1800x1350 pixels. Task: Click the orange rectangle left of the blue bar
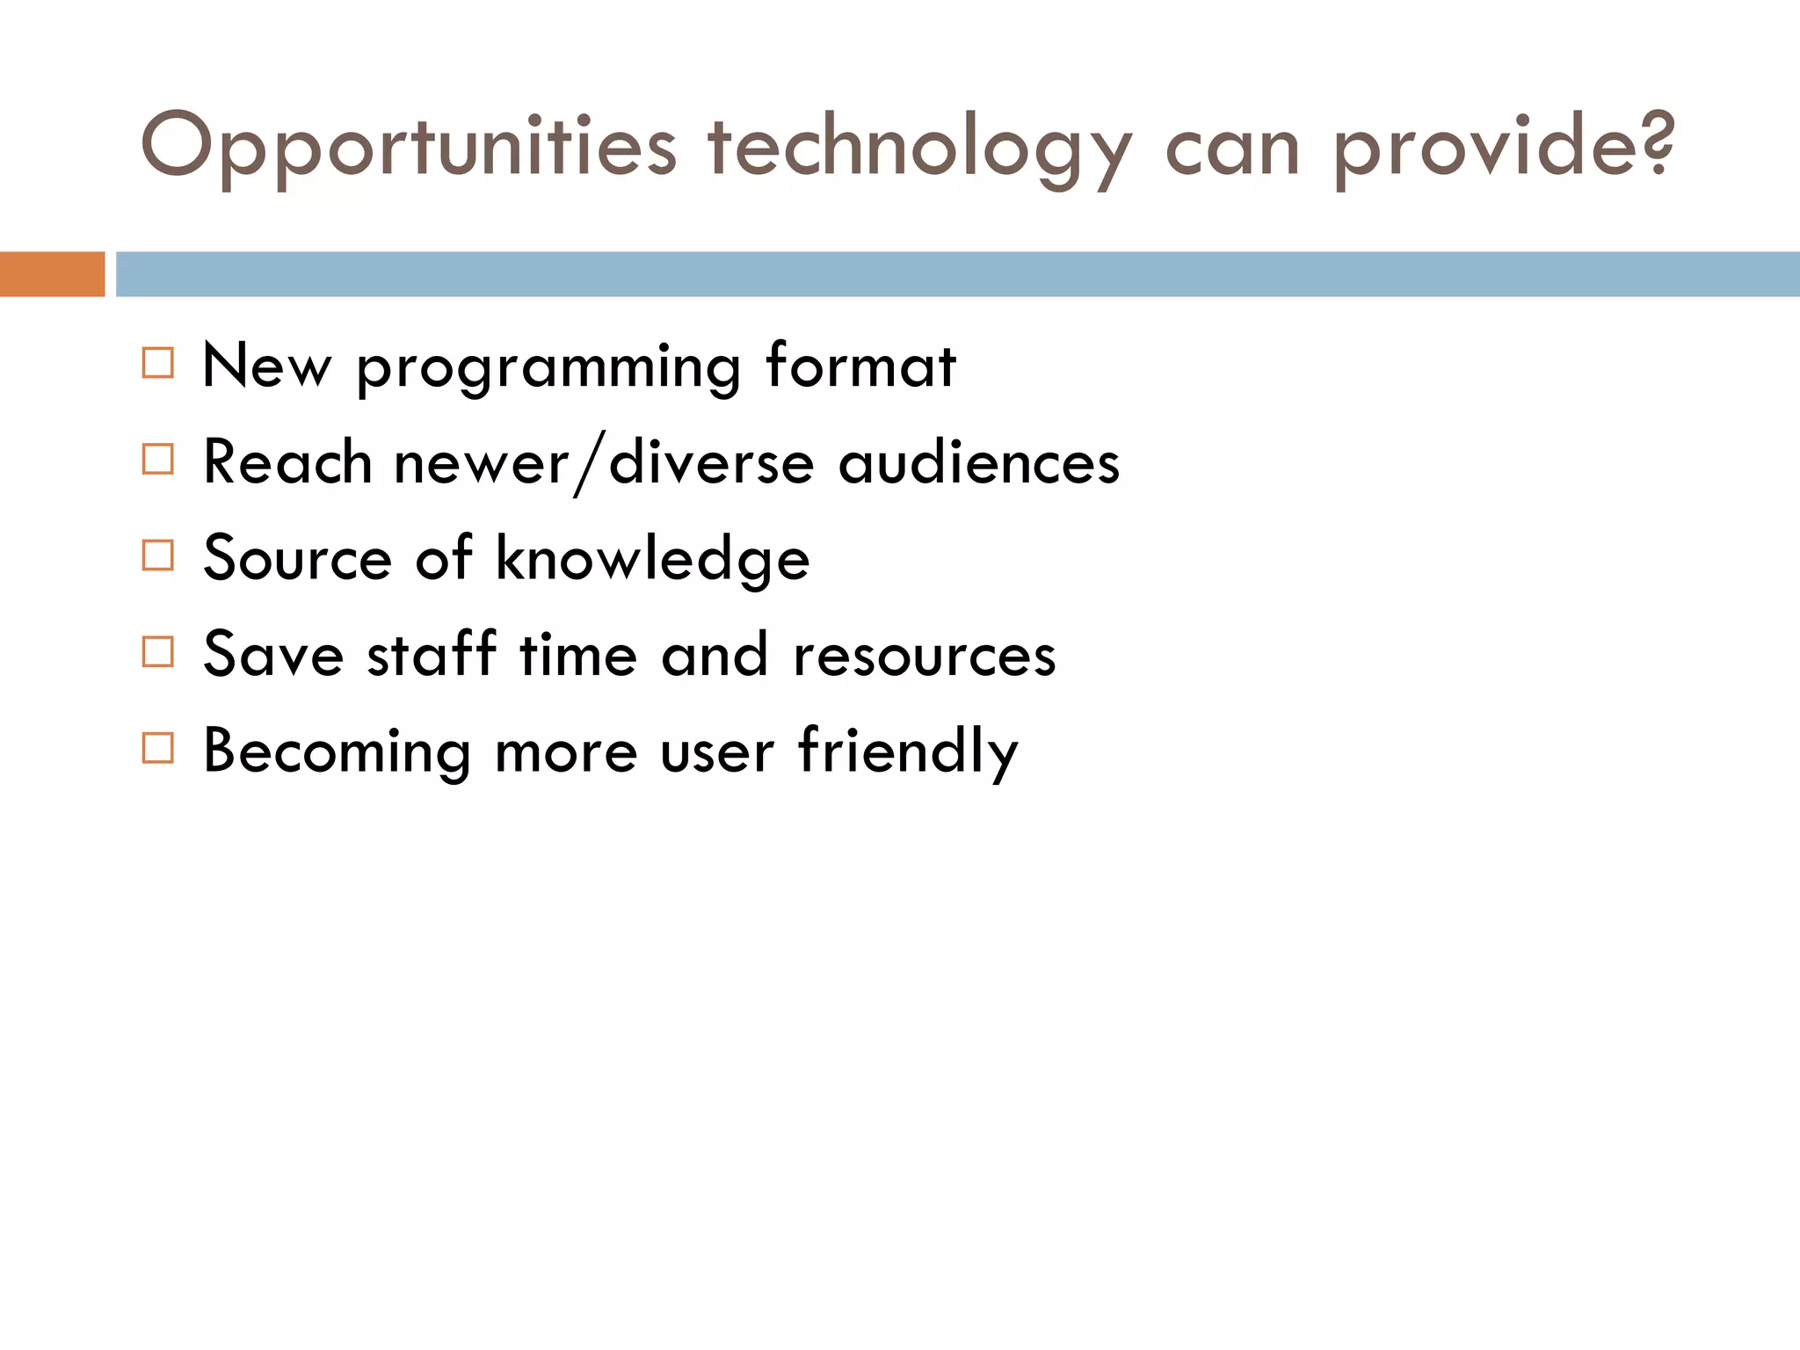point(52,274)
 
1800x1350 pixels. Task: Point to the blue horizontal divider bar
point(957,274)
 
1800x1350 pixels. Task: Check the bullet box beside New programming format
point(158,363)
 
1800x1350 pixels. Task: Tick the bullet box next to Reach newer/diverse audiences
point(158,459)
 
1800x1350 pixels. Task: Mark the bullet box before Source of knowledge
point(158,555)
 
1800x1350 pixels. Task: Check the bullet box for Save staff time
point(158,652)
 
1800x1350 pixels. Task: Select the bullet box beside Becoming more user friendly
point(158,748)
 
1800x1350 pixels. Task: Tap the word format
point(860,365)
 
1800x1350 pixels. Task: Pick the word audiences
point(978,462)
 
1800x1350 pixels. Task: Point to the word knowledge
point(652,559)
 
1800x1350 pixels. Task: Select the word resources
point(924,656)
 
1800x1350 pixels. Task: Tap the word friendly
point(908,752)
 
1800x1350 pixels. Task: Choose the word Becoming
point(337,752)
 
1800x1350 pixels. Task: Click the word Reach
point(287,462)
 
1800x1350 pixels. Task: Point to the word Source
point(297,559)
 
